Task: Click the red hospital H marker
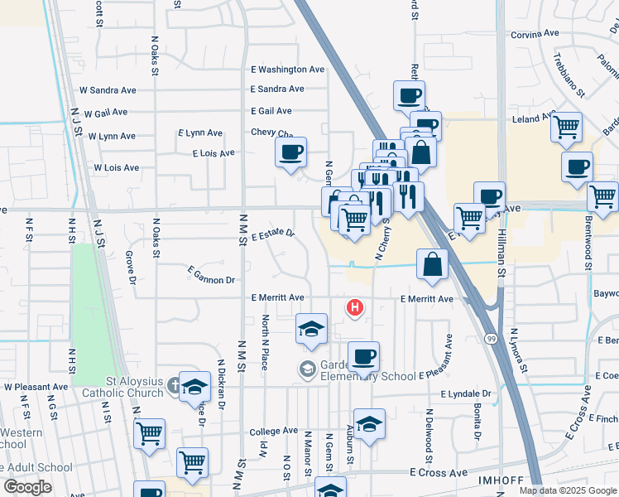pyautogui.click(x=355, y=309)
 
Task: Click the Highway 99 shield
pyautogui.click(x=492, y=339)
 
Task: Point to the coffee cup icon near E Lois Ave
pyautogui.click(x=291, y=152)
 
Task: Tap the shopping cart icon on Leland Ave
pyautogui.click(x=567, y=127)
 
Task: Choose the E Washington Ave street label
pyautogui.click(x=288, y=70)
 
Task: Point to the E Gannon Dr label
pyautogui.click(x=211, y=275)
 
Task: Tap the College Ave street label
pyautogui.click(x=273, y=432)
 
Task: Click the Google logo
pyautogui.click(x=26, y=487)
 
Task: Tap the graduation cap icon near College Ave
pyautogui.click(x=369, y=423)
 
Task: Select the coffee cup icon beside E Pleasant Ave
pyautogui.click(x=363, y=357)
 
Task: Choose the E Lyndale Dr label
pyautogui.click(x=466, y=394)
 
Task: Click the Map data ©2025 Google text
pyautogui.click(x=567, y=490)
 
